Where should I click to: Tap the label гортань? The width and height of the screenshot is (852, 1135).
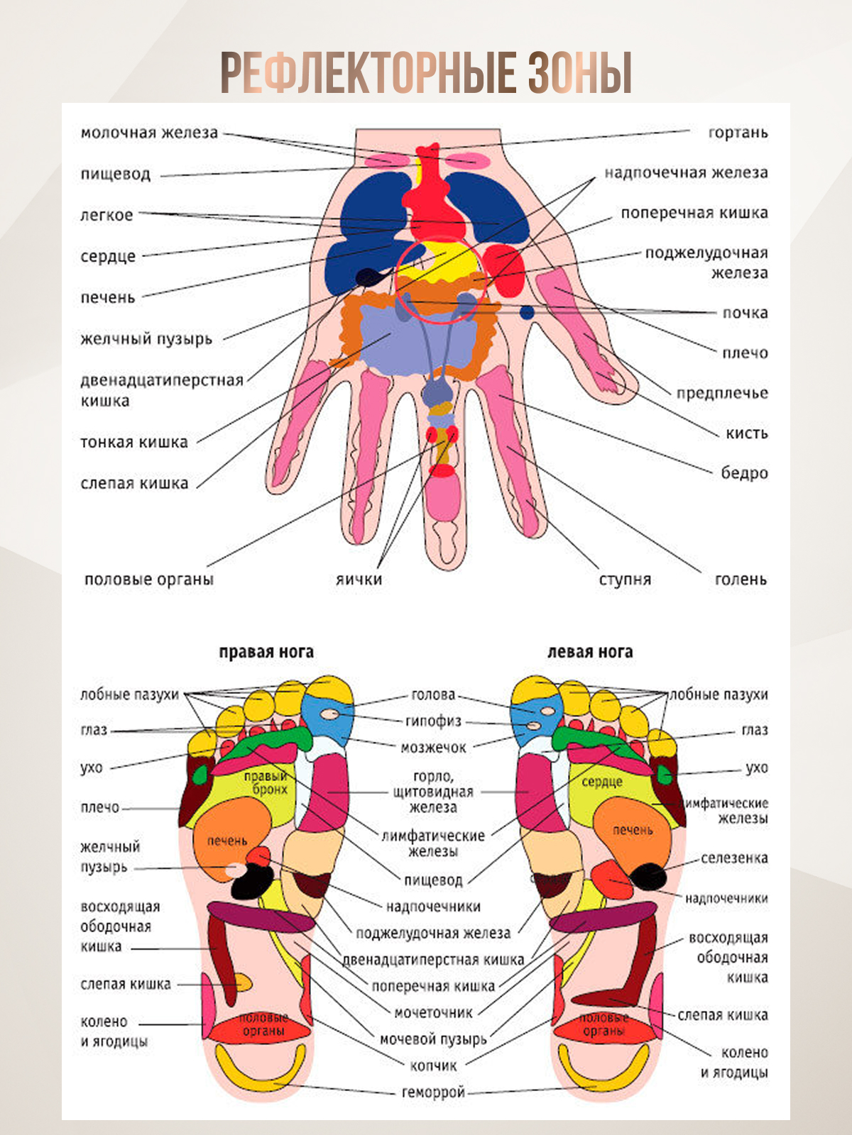(738, 133)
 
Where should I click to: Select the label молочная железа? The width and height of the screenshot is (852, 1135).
(149, 133)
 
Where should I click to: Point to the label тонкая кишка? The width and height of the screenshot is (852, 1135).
(134, 443)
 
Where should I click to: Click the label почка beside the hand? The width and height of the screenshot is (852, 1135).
(745, 313)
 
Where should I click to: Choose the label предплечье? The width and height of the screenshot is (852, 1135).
(721, 393)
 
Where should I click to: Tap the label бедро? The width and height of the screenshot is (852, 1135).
(744, 473)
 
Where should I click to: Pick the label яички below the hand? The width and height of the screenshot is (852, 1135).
(359, 580)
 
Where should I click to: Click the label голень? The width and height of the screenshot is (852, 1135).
(741, 580)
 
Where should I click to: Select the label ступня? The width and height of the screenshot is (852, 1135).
(625, 580)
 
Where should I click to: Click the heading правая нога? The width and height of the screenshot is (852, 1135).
(266, 652)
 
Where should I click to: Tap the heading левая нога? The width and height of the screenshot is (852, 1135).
(590, 652)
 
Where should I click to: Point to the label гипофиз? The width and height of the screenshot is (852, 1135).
(433, 721)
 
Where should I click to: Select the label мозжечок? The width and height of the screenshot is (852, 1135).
(433, 748)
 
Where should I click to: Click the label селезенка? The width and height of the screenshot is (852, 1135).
(734, 858)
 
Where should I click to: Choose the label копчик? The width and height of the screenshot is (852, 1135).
(433, 1065)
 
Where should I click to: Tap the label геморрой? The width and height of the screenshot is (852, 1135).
(433, 1092)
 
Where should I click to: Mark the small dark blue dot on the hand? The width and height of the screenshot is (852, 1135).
(527, 312)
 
